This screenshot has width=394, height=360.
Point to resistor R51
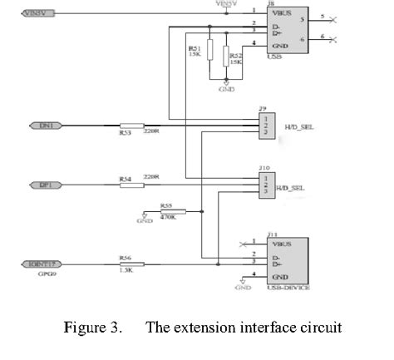click(x=209, y=52)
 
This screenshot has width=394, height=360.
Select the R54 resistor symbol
click(x=131, y=184)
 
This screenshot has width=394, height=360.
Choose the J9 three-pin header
click(x=265, y=125)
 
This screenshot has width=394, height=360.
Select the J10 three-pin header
click(x=265, y=183)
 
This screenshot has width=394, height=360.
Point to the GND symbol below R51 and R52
click(x=227, y=85)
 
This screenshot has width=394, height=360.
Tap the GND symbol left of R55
click(x=145, y=218)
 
